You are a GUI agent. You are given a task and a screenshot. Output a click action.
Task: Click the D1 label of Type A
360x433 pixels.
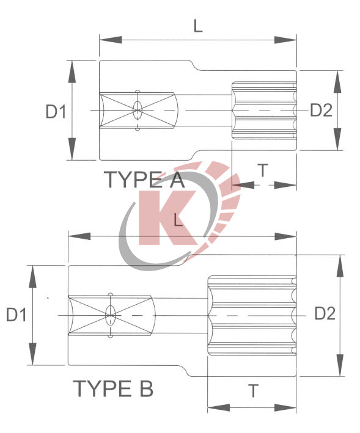pyautogui.click(x=55, y=111)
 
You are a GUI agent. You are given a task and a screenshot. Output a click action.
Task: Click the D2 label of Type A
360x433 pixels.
pyautogui.click(x=321, y=111)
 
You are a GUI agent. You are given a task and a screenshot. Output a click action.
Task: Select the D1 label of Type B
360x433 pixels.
pyautogui.click(x=17, y=315)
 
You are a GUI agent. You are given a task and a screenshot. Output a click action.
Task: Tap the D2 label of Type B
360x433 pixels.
pyautogui.click(x=325, y=314)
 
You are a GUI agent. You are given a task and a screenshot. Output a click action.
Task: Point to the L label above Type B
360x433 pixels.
pyautogui.click(x=178, y=220)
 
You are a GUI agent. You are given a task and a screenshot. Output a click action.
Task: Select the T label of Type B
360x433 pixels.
pyautogui.click(x=253, y=391)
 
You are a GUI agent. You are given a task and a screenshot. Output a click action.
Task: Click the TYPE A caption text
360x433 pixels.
pyautogui.click(x=143, y=180)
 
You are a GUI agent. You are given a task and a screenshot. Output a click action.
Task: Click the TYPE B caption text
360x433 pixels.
pyautogui.click(x=113, y=388)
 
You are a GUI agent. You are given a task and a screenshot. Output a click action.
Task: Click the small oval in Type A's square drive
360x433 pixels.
pyautogui.click(x=138, y=111)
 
